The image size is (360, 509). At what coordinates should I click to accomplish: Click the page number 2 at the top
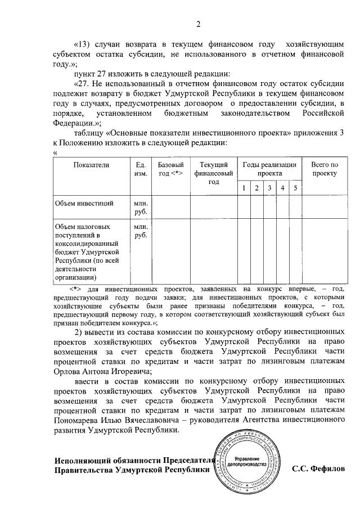pyautogui.click(x=198, y=24)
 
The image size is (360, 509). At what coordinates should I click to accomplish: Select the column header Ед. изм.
pyautogui.click(x=141, y=169)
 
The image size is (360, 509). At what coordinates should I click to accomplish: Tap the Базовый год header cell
pyautogui.click(x=170, y=169)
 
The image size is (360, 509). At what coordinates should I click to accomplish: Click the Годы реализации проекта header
pyautogui.click(x=269, y=169)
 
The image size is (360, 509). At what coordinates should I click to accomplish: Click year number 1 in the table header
pyautogui.click(x=243, y=188)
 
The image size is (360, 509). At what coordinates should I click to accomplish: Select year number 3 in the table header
pyautogui.click(x=269, y=188)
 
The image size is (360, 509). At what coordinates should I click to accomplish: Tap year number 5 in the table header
pyautogui.click(x=295, y=188)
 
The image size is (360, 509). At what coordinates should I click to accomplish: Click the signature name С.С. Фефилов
pyautogui.click(x=319, y=469)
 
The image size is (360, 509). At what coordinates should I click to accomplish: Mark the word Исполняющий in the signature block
pyautogui.click(x=82, y=459)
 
